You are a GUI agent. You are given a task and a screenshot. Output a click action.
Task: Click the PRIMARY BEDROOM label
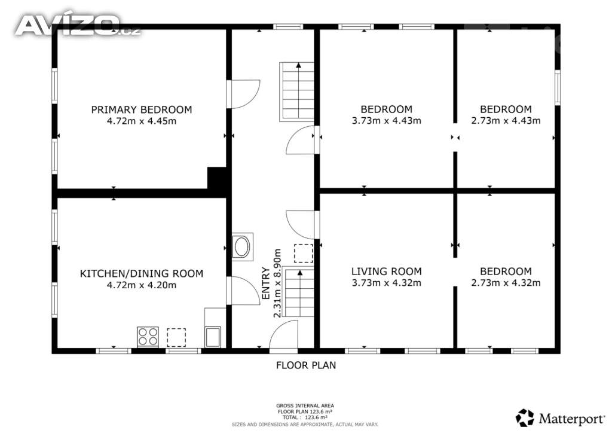pos(142,109)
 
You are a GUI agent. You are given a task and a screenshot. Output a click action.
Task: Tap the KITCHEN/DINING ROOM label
pos(142,274)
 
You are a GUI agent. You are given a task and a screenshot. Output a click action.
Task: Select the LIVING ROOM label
pos(387,272)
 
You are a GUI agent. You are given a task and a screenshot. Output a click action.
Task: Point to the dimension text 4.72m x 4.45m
pos(142,121)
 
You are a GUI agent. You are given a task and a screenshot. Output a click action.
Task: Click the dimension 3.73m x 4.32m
pos(387,283)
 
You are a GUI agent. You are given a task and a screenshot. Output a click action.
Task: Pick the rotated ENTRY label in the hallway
pos(266,283)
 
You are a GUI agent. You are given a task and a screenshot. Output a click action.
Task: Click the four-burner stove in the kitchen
pos(148,337)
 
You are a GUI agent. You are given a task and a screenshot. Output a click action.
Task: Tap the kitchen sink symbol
pos(213,337)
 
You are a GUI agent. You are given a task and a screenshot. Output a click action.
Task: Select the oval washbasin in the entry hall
pos(243,247)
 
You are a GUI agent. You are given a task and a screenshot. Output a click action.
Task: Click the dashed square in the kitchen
pos(176,337)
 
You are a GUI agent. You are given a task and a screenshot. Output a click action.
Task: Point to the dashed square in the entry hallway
pos(304,253)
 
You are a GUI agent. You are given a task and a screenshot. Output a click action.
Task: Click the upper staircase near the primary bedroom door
pos(296,92)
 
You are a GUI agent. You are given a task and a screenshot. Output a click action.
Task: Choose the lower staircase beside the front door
pos(299,292)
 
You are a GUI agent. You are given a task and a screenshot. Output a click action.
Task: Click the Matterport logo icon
pos(525,418)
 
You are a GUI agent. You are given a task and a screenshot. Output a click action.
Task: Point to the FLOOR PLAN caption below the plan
pos(306,365)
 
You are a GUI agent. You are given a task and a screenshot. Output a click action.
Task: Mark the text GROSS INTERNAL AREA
pos(305,405)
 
